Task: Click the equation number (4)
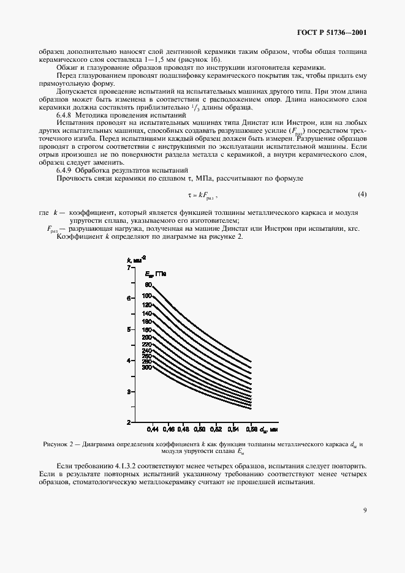361,195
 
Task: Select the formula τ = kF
202,195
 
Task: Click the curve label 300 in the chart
146,367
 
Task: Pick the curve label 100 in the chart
147,296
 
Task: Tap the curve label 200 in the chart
147,337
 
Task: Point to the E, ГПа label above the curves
156,273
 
